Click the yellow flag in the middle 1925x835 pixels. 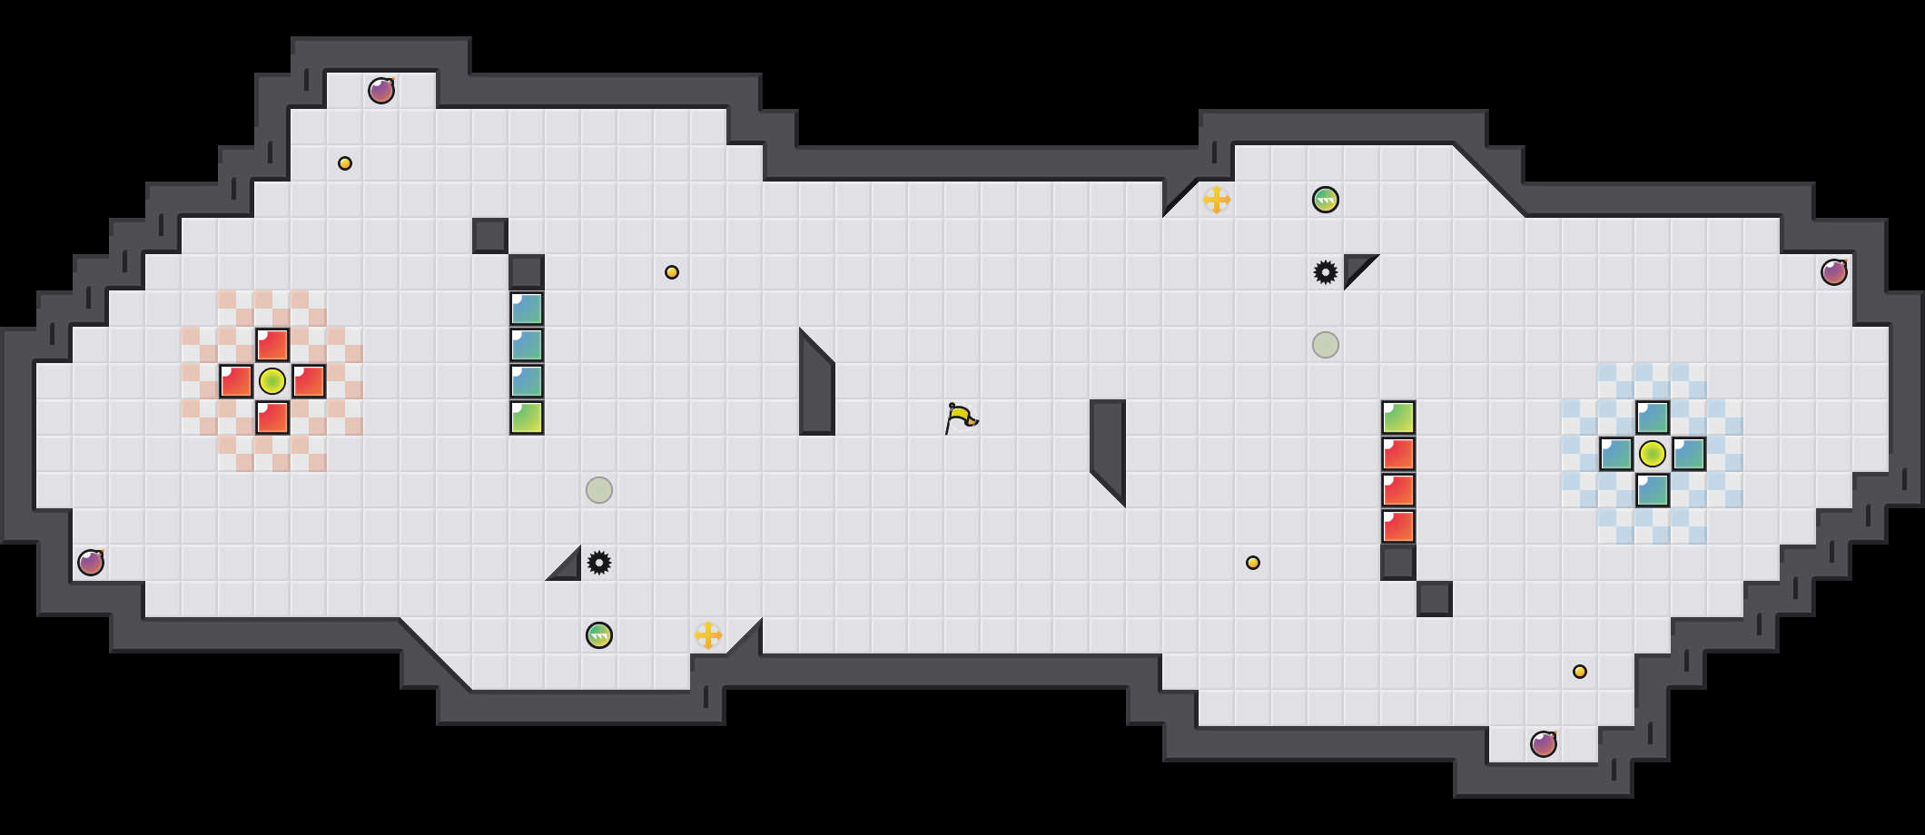pyautogui.click(x=961, y=417)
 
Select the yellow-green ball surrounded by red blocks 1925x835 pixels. pyautogui.click(x=272, y=381)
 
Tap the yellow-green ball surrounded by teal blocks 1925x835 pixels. pyautogui.click(x=1653, y=454)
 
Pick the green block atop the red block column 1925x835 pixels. pyautogui.click(x=1398, y=417)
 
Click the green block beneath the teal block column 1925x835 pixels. pyautogui.click(x=527, y=417)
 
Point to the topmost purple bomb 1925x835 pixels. pyautogui.click(x=381, y=91)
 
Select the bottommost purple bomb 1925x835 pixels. pyautogui.click(x=1544, y=744)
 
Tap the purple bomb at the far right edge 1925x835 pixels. pyautogui.click(x=1834, y=272)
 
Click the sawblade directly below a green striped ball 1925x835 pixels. pyautogui.click(x=1326, y=272)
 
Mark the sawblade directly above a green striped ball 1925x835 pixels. pyautogui.click(x=599, y=563)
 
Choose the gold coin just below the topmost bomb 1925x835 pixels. pyautogui.click(x=345, y=163)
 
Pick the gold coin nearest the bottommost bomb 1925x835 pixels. pyautogui.click(x=1580, y=672)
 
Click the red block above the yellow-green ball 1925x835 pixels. pyautogui.click(x=272, y=345)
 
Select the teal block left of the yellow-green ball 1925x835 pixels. pyautogui.click(x=1616, y=454)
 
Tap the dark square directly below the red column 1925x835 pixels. pyautogui.click(x=1398, y=563)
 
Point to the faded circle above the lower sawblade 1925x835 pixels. pyautogui.click(x=599, y=490)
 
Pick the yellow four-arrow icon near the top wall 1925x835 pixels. pyautogui.click(x=1217, y=200)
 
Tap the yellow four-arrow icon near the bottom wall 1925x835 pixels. pyautogui.click(x=708, y=635)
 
